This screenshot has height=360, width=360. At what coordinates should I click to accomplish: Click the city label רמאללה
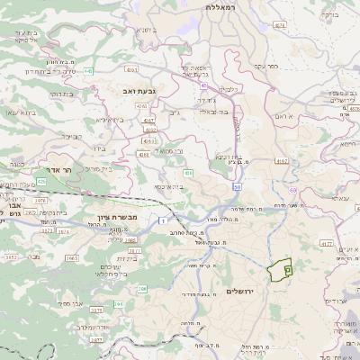(x=220, y=6)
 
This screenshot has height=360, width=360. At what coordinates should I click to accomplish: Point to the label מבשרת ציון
(x=114, y=219)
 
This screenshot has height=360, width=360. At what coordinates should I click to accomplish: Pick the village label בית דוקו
(x=60, y=93)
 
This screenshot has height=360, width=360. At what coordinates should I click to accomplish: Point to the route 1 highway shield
(x=161, y=220)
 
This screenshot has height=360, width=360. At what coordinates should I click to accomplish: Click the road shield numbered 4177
(x=326, y=243)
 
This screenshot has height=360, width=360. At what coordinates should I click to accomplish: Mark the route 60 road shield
(x=238, y=186)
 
